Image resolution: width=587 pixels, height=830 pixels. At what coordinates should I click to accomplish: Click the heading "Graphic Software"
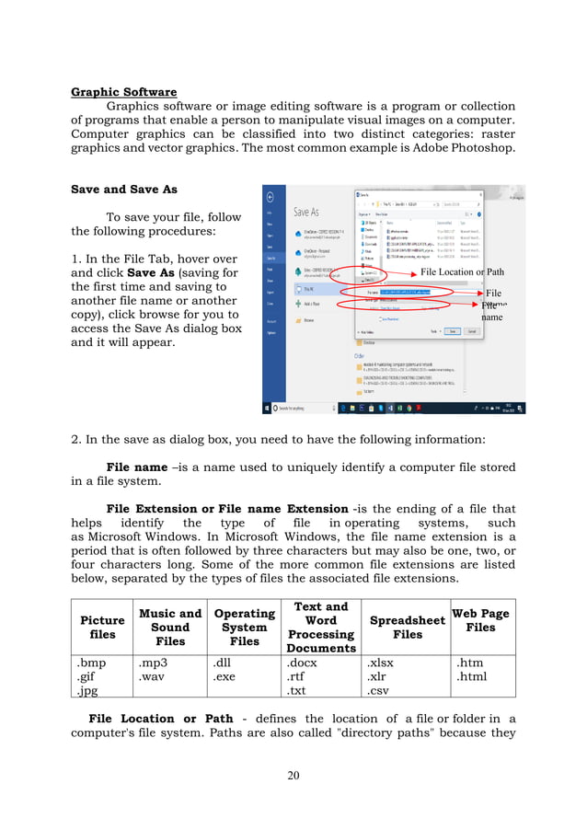pyautogui.click(x=123, y=91)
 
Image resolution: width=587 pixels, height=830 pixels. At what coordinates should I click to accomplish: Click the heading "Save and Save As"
pyautogui.click(x=123, y=190)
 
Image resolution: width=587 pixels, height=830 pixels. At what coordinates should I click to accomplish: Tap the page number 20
pyautogui.click(x=293, y=776)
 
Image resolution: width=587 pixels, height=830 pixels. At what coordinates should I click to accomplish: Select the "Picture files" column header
pyautogui.click(x=102, y=628)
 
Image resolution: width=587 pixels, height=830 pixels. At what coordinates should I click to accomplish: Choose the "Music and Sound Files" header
pyautogui.click(x=169, y=628)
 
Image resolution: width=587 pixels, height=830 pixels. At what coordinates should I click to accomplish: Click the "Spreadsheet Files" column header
pyautogui.click(x=408, y=628)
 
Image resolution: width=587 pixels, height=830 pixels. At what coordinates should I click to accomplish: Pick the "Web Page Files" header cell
pyautogui.click(x=479, y=620)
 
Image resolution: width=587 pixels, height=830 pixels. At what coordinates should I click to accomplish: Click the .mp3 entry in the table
pyautogui.click(x=151, y=663)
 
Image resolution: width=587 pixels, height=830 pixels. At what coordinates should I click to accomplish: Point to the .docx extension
pyautogui.click(x=304, y=663)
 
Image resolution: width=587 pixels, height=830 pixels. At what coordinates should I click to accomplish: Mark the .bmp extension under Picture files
pyautogui.click(x=91, y=663)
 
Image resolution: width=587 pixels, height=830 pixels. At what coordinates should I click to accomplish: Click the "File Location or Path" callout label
pyautogui.click(x=462, y=271)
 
